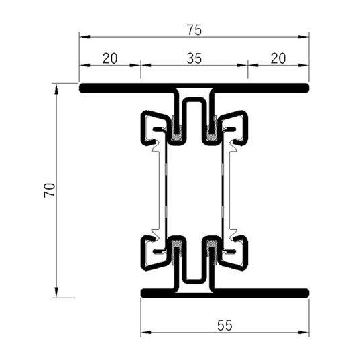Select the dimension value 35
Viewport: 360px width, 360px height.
click(x=194, y=58)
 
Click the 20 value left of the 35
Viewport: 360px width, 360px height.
click(x=110, y=58)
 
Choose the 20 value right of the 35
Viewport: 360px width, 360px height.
click(x=278, y=58)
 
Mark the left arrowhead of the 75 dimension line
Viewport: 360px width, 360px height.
click(x=83, y=39)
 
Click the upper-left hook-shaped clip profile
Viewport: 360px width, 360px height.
click(x=151, y=128)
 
